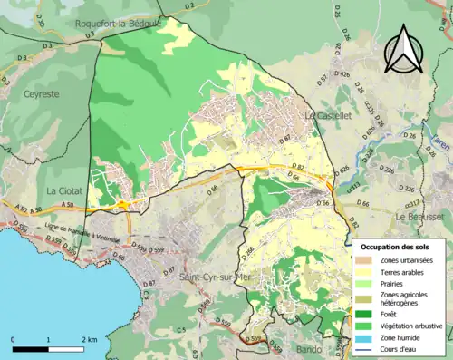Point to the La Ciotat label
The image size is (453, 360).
(64, 191)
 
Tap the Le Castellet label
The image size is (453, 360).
(327, 116)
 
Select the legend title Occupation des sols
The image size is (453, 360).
(395, 247)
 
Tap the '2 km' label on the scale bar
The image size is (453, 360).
(87, 338)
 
